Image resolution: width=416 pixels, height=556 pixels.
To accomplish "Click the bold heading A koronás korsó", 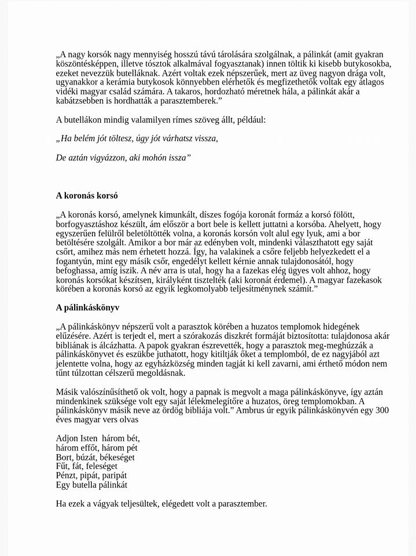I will coord(87,196).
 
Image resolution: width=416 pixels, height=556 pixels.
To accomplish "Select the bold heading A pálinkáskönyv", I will coord(87,308).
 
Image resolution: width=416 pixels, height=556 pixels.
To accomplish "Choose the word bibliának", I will coord(73,345).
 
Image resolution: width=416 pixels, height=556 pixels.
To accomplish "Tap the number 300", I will coord(382,410).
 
